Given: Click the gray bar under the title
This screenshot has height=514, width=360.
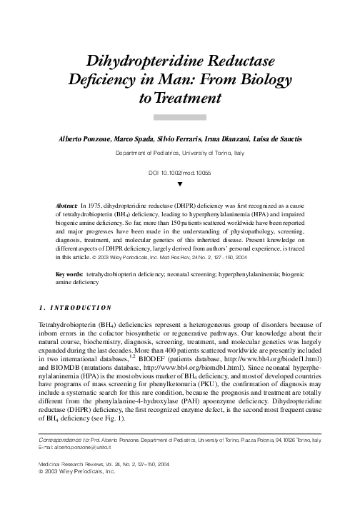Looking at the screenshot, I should pyautogui.click(x=180, y=116).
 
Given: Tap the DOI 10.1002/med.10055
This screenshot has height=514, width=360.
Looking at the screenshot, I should pyautogui.click(x=180, y=173).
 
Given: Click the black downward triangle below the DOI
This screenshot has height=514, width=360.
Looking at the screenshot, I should pyautogui.click(x=180, y=184).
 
